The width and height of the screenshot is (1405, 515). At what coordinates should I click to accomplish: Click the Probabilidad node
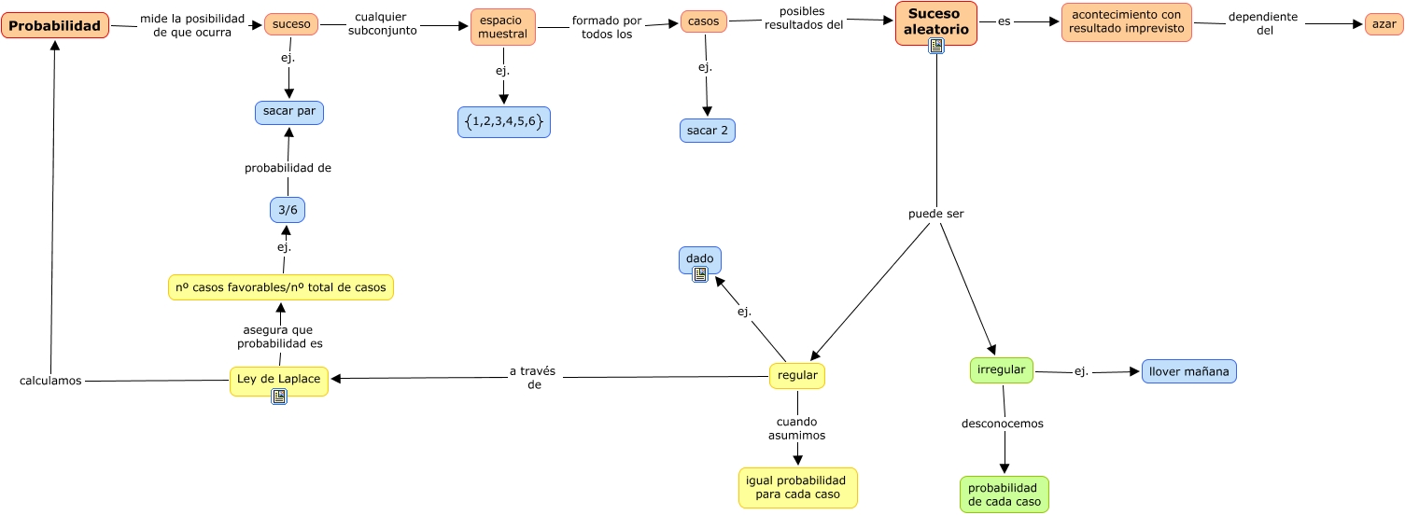(55, 25)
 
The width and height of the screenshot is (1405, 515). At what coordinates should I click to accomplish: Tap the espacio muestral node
(503, 27)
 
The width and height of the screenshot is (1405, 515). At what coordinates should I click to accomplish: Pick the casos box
(703, 21)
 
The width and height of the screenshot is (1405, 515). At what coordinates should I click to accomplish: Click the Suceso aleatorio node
(935, 21)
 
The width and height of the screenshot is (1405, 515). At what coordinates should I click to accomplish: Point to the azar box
(1384, 24)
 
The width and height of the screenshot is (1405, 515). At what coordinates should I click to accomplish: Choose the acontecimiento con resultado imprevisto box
(1126, 22)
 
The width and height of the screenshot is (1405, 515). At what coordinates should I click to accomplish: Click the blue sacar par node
(289, 112)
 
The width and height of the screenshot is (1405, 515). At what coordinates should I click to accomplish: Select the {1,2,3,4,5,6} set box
(504, 122)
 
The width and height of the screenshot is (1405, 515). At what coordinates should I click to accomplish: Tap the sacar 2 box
(708, 131)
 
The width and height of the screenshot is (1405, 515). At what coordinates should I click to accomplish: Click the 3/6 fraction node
(288, 211)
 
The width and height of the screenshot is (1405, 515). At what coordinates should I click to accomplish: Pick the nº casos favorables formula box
(281, 287)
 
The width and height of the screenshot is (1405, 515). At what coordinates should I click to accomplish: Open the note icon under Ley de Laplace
(279, 397)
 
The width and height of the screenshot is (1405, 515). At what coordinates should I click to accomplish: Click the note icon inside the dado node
(700, 273)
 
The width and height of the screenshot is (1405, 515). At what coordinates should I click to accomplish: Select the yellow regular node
(797, 376)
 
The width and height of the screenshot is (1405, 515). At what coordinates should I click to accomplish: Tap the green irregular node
(1002, 370)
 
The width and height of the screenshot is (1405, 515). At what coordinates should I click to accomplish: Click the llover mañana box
(1188, 371)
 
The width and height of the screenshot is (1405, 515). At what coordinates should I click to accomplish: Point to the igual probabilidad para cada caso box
(797, 487)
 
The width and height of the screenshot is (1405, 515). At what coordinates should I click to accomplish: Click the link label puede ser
(935, 214)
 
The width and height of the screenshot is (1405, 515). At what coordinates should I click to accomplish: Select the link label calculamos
(50, 381)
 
